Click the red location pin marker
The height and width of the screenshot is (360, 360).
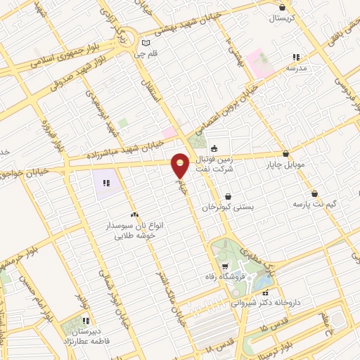coord(181,165)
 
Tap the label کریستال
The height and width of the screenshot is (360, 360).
coord(281,18)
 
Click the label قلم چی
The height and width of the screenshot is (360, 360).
coord(146,53)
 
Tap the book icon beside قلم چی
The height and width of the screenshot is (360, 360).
coord(146,41)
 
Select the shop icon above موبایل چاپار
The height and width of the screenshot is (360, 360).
coord(285,153)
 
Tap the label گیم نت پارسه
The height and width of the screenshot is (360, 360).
coord(314,204)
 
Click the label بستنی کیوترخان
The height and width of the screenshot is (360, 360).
coord(227,207)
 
